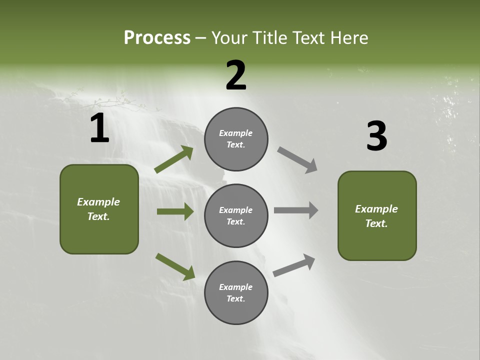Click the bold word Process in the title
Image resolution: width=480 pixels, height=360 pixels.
pyautogui.click(x=157, y=38)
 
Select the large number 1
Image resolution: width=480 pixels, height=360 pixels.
pyautogui.click(x=99, y=128)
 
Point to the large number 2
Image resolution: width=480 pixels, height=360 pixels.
pyautogui.click(x=236, y=75)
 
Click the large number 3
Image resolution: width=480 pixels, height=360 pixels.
pyautogui.click(x=376, y=136)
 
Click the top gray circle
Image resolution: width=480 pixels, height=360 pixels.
pyautogui.click(x=236, y=139)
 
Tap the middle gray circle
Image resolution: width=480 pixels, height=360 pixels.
pyautogui.click(x=236, y=215)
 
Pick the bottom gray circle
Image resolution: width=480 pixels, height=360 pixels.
pyautogui.click(x=236, y=292)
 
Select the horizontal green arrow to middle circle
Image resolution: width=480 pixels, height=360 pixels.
pyautogui.click(x=175, y=211)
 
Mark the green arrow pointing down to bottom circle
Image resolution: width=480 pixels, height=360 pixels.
pyautogui.click(x=175, y=266)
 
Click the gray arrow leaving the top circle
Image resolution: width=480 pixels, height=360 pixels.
pyautogui.click(x=297, y=160)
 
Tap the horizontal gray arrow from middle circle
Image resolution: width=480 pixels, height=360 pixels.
pyautogui.click(x=296, y=210)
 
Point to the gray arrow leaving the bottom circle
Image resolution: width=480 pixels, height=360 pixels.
pyautogui.click(x=294, y=265)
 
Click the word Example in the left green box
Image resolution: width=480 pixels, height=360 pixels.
pyautogui.click(x=98, y=202)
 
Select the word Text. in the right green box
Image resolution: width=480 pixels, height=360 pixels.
pyautogui.click(x=376, y=223)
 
